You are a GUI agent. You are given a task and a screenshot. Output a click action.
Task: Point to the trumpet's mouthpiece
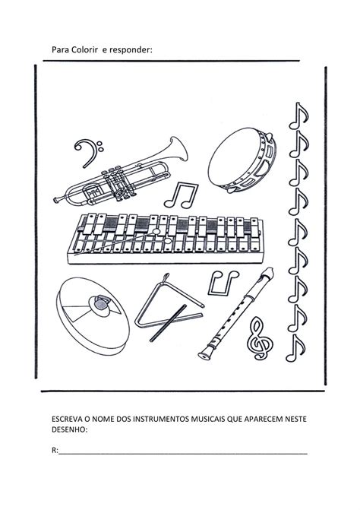click(58, 200)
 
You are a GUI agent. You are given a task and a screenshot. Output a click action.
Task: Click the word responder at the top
click(133, 50)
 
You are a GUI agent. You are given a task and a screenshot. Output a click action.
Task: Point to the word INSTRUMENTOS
click(159, 420)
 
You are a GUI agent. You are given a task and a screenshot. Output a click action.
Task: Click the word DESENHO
click(69, 430)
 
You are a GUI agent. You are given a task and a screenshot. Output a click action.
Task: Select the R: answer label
click(55, 451)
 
